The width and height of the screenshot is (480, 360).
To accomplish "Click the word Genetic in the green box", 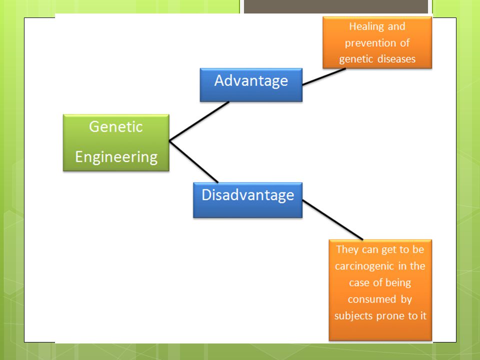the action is click(x=116, y=126).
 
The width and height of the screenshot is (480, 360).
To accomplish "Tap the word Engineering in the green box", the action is click(x=116, y=157).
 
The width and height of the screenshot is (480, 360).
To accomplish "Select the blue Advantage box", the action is click(x=251, y=85).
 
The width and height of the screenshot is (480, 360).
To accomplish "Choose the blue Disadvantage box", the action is click(x=247, y=200).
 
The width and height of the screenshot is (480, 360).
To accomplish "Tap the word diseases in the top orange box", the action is click(x=396, y=59).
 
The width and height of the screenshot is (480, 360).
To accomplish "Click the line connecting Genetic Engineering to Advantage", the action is click(x=199, y=121).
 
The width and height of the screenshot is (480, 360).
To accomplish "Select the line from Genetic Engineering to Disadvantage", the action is click(x=193, y=161).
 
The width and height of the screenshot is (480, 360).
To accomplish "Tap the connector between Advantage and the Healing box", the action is click(x=324, y=76).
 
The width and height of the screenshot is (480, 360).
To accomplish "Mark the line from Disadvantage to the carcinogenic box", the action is click(x=333, y=220).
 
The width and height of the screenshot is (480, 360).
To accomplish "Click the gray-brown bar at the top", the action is click(x=336, y=6).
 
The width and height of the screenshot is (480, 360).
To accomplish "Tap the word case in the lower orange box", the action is click(x=359, y=283).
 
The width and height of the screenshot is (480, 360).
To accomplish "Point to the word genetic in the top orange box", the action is click(x=356, y=59).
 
